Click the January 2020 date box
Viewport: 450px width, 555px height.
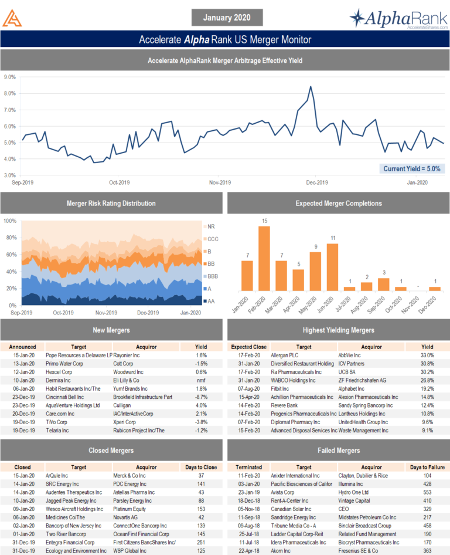click(x=226, y=18)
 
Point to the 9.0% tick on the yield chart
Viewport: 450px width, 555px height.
click(x=9, y=77)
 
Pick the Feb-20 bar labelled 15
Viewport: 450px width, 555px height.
click(x=264, y=258)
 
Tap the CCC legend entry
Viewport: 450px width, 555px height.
click(x=212, y=239)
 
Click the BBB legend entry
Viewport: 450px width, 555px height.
click(x=212, y=276)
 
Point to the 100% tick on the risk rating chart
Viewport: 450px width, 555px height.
click(x=9, y=221)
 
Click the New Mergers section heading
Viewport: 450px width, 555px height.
click(x=111, y=330)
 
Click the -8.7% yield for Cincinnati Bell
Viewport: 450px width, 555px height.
click(x=201, y=397)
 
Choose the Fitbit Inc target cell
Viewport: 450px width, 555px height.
click(x=282, y=388)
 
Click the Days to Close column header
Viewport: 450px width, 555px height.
click(x=201, y=467)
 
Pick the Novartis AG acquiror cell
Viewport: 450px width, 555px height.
click(x=129, y=517)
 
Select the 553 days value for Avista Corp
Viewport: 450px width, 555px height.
click(x=427, y=492)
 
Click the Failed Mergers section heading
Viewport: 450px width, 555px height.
click(x=339, y=451)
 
